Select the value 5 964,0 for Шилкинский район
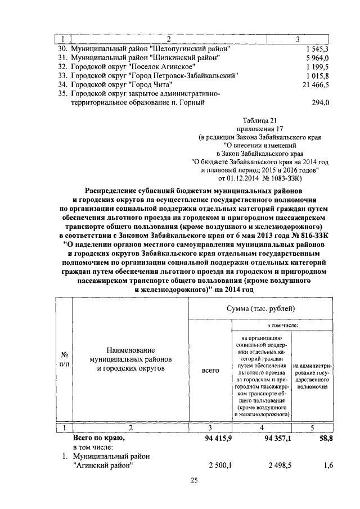click(318, 57)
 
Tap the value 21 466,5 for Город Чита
click(316, 84)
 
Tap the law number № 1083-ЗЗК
click(285, 179)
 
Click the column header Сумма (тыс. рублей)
click(260, 309)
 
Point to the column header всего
click(210, 372)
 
